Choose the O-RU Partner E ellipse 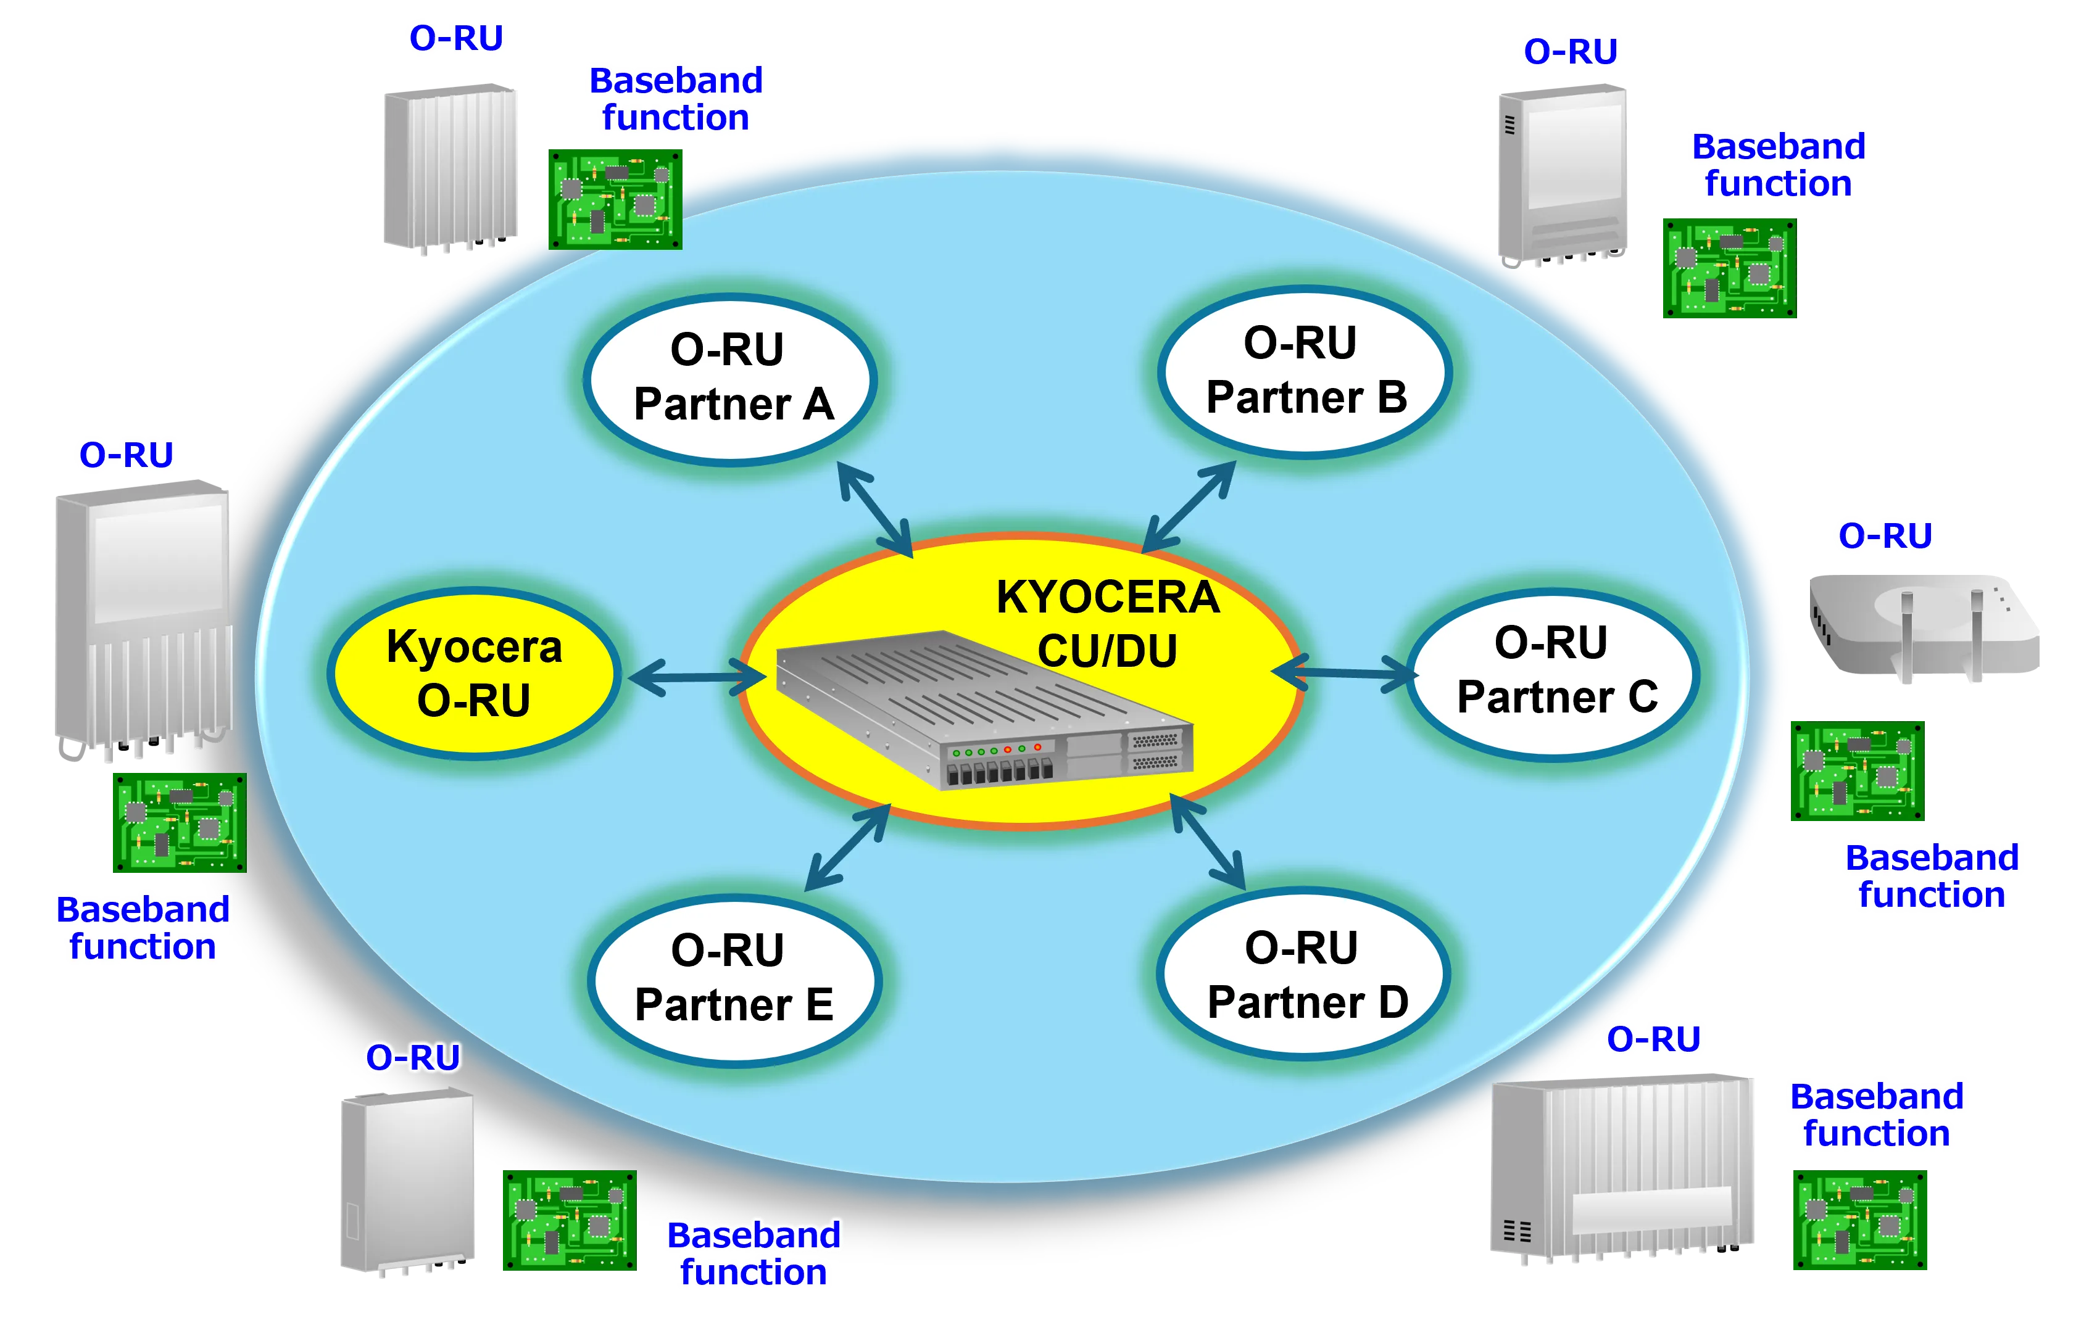click(x=734, y=981)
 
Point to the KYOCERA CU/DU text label click(x=1108, y=623)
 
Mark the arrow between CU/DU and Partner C click(x=1345, y=672)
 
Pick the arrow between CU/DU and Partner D click(x=1207, y=841)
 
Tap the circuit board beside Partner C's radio click(x=1858, y=770)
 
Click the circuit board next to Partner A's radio click(x=615, y=199)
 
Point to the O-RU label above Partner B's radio click(x=1570, y=52)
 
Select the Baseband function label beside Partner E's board click(x=754, y=1253)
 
